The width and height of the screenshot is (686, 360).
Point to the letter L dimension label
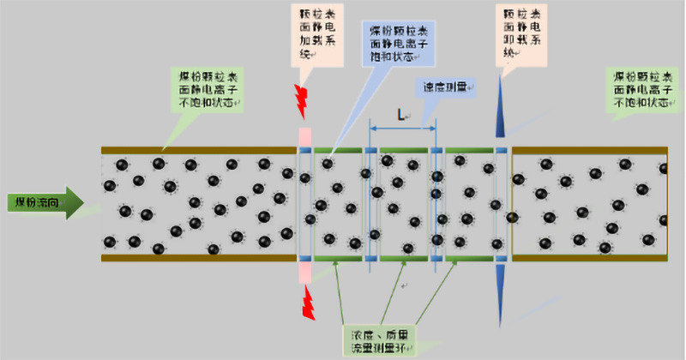[401, 113]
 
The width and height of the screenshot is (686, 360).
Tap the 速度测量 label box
[447, 87]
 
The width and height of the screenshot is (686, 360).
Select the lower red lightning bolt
[305, 303]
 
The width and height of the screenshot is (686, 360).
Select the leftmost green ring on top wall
[335, 151]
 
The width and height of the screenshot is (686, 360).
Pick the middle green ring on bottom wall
[403, 257]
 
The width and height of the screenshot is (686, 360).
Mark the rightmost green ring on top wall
[470, 151]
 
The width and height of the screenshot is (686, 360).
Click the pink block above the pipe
[304, 137]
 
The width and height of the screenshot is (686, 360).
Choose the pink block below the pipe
[304, 271]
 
